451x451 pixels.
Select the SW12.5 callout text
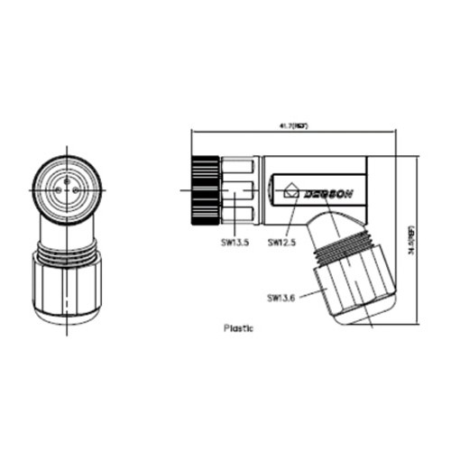(282, 242)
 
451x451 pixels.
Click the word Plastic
(238, 328)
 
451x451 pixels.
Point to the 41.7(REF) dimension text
(293, 127)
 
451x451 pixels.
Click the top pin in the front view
(68, 180)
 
